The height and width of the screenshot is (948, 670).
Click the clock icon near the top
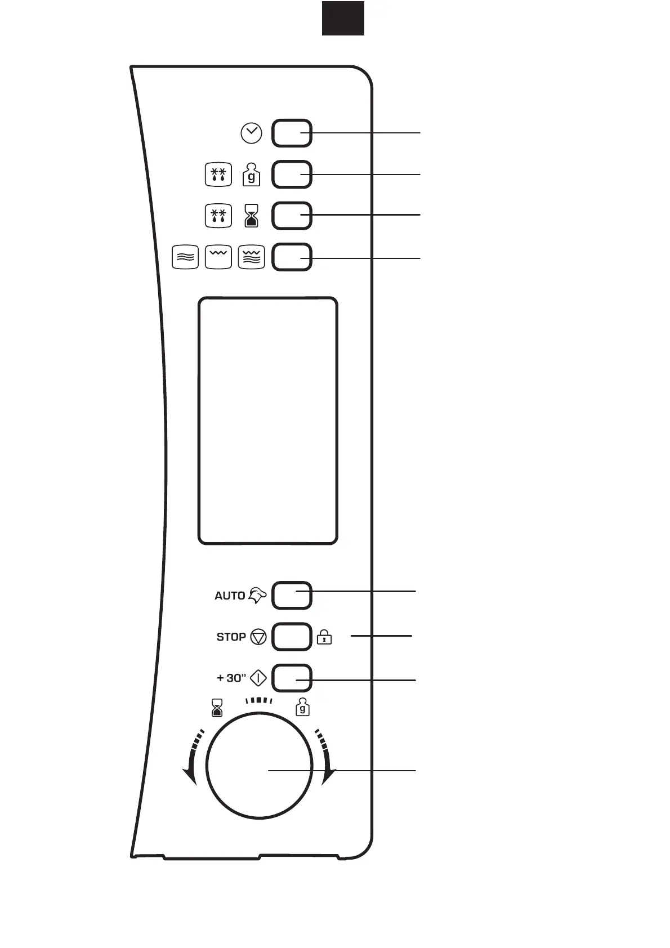(x=251, y=133)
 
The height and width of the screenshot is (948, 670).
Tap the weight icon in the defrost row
(x=251, y=175)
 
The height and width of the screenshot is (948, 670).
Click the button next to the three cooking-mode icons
(x=292, y=257)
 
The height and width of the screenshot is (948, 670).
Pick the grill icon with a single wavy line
(x=218, y=257)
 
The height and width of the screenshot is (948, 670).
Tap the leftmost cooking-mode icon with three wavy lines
(x=185, y=257)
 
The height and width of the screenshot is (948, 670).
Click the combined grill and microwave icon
(x=251, y=257)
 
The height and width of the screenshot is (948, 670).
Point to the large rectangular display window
(x=268, y=421)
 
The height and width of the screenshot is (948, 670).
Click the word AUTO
(x=230, y=596)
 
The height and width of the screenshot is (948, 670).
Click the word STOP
(x=231, y=637)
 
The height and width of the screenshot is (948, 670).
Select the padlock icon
(x=324, y=637)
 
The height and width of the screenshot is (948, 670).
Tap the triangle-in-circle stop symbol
(x=258, y=637)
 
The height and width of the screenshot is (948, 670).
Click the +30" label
(x=231, y=678)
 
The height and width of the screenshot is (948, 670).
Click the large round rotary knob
(x=259, y=766)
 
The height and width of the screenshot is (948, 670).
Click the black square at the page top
(x=343, y=18)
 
